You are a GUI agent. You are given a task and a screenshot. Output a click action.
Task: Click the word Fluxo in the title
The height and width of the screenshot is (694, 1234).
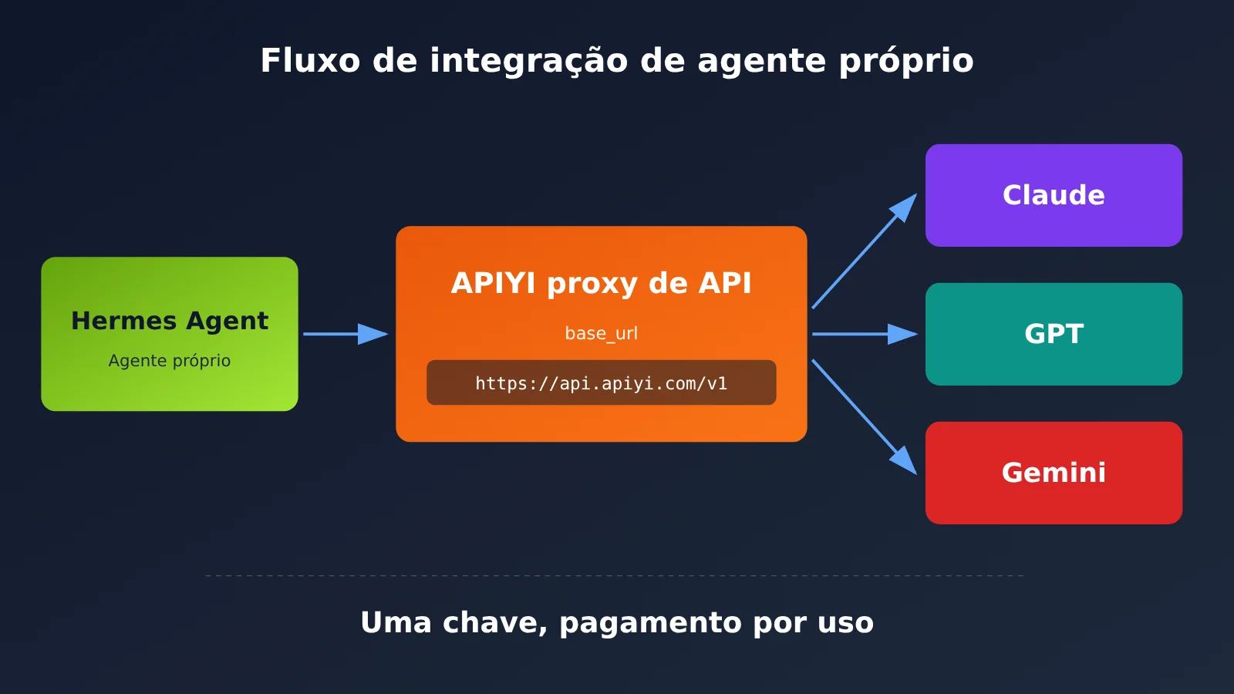pos(310,60)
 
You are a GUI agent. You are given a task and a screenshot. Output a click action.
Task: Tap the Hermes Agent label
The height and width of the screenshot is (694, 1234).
pos(170,321)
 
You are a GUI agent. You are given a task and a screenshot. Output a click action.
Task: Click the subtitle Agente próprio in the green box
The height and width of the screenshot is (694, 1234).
pos(170,361)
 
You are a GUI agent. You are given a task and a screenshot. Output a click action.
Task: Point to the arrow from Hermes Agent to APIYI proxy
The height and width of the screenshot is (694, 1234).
pos(346,334)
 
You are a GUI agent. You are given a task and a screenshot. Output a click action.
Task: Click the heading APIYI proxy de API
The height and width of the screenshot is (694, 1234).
pos(601,284)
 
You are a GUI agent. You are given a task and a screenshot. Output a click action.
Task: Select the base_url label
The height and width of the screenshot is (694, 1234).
pos(601,333)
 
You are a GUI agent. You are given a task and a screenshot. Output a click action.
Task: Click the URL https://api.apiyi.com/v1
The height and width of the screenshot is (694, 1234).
pos(601,383)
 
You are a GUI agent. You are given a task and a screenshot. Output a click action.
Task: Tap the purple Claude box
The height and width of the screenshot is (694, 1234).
pos(1054,196)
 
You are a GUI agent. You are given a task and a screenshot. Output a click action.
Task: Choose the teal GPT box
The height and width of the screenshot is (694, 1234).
pos(1054,334)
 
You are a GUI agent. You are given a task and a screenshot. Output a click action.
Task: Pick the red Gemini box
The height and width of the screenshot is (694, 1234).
pos(1054,473)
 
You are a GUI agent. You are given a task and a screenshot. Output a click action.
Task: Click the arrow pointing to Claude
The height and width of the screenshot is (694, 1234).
pos(865,251)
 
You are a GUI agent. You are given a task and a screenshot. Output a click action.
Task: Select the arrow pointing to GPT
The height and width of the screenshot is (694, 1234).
pos(865,334)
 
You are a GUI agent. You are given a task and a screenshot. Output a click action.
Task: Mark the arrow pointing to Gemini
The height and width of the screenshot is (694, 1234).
pos(865,417)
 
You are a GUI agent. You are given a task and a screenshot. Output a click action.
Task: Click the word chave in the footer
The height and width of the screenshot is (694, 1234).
pos(494,623)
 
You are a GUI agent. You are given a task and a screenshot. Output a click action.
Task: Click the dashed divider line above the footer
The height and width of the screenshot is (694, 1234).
pos(614,575)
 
